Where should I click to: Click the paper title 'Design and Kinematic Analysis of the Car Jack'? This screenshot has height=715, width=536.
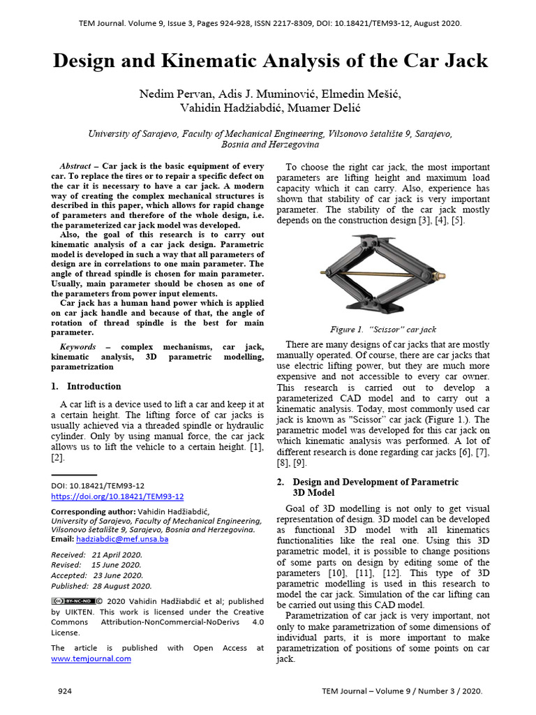tap(270, 61)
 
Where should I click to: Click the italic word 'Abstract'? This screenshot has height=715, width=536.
tap(75, 166)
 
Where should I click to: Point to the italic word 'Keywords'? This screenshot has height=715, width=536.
tap(77, 346)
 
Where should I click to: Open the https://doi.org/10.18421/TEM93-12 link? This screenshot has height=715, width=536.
tap(117, 496)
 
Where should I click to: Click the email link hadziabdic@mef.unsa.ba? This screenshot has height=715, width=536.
tap(122, 540)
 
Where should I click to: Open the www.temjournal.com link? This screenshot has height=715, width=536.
tap(91, 658)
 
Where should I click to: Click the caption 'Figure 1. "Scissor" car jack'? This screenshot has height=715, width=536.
tap(383, 329)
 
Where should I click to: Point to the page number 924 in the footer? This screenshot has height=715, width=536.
tap(64, 691)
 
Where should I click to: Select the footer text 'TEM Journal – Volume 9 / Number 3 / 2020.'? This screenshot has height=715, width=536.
tap(401, 691)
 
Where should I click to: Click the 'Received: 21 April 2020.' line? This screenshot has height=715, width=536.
tap(96, 554)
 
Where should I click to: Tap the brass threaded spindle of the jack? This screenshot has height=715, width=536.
tap(384, 273)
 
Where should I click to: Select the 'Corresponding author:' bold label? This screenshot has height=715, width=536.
tap(93, 511)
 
